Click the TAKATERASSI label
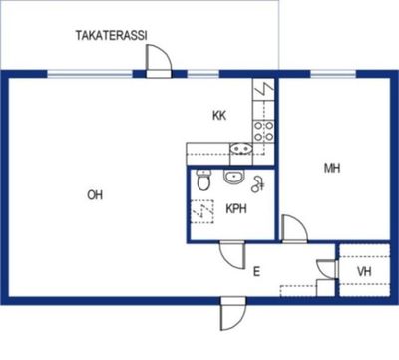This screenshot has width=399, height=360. tap(111, 35)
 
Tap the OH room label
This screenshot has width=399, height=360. tap(95, 195)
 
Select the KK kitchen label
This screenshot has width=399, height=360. tap(219, 116)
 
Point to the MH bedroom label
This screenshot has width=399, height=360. tap(332, 168)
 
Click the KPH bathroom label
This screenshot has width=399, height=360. tap(236, 209)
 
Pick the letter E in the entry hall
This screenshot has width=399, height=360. tap(256, 272)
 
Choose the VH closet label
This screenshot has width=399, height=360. tap(364, 272)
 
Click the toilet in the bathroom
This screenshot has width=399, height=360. tap(203, 180)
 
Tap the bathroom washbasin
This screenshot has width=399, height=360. tap(234, 177)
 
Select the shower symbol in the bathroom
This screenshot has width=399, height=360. tap(258, 184)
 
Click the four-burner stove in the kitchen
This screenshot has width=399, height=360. tap(264, 131)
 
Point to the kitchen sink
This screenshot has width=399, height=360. tap(241, 148)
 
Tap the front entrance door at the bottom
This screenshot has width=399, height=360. tap(233, 314)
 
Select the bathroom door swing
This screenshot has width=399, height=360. tap(232, 256)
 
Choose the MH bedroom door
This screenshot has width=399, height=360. tap(294, 228)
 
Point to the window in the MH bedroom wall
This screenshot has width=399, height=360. tap(333, 74)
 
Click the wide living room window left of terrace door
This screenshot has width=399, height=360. tap(90, 74)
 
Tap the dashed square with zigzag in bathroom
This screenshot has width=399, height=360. tap(202, 211)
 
